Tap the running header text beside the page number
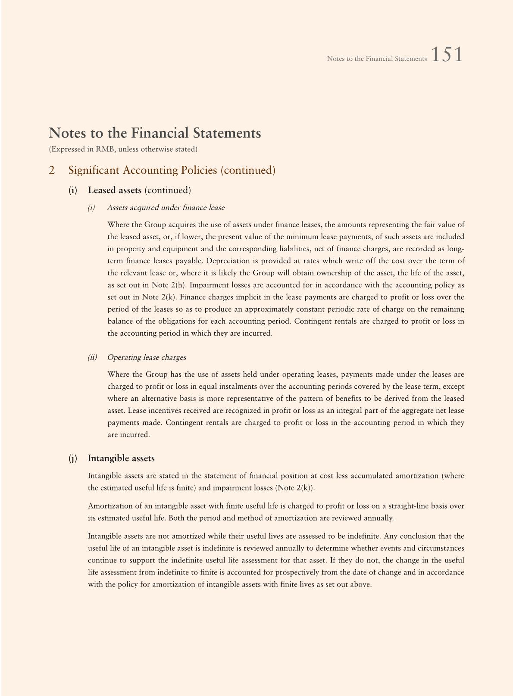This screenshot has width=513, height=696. click(376, 59)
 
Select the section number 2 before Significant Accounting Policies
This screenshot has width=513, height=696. click(52, 170)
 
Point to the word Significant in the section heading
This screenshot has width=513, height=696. click(94, 170)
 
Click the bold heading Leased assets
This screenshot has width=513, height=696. click(115, 190)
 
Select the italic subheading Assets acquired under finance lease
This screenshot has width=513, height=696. click(166, 208)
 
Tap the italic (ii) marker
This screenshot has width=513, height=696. click(92, 357)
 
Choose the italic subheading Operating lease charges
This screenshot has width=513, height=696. click(147, 357)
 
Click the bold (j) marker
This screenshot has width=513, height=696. click(73, 458)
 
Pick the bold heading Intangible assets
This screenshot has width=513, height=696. click(121, 458)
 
